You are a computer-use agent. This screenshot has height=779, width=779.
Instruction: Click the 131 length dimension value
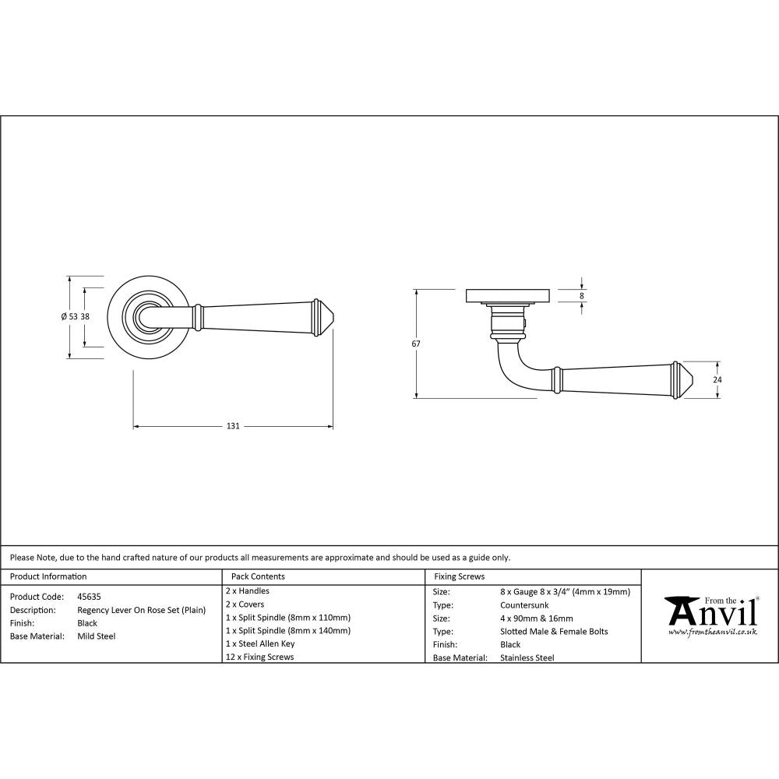coord(232,426)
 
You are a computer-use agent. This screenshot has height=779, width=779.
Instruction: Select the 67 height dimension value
coord(416,344)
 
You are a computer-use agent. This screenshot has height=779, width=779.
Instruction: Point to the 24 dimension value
coord(717,379)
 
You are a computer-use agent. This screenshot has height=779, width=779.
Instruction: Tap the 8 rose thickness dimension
coord(581,296)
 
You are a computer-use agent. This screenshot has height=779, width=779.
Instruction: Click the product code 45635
coord(89,597)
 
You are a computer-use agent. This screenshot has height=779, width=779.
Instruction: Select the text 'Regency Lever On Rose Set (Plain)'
coord(142,610)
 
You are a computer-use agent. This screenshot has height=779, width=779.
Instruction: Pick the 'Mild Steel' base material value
coord(97,636)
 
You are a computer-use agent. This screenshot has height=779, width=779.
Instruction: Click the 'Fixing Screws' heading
coord(459,576)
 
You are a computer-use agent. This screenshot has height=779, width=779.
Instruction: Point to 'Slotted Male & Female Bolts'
coord(554,631)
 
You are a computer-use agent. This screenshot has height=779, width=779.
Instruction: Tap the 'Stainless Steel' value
coord(527,657)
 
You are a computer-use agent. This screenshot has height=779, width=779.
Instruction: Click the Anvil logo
coord(710,612)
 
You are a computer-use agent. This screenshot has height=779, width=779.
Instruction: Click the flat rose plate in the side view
coord(509,296)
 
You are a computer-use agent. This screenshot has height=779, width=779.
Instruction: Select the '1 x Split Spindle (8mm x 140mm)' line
coord(287,630)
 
